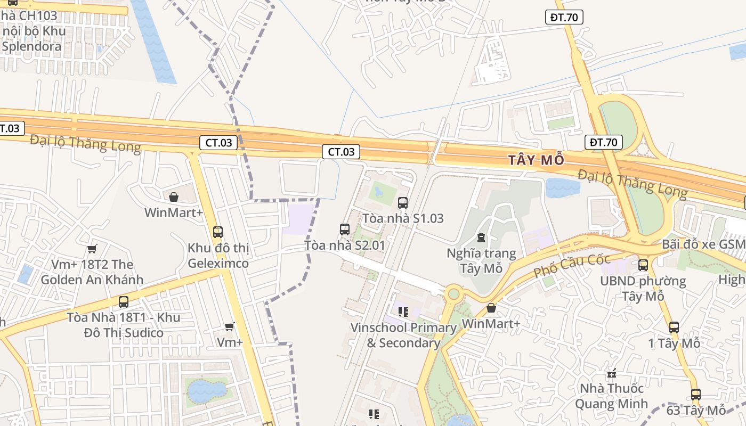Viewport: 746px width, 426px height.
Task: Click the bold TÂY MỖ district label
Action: click(x=536, y=160)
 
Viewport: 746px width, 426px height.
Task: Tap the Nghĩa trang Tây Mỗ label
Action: click(x=481, y=260)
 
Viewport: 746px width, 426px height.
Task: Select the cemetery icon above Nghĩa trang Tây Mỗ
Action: click(x=481, y=237)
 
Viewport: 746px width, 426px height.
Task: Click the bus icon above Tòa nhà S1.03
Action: click(x=403, y=202)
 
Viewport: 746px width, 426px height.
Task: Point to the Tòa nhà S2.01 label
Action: click(x=344, y=245)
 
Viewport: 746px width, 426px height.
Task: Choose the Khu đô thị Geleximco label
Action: click(x=218, y=256)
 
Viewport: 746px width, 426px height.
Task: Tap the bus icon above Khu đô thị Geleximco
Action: click(x=217, y=232)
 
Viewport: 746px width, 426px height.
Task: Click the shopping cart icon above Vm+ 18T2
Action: click(x=92, y=249)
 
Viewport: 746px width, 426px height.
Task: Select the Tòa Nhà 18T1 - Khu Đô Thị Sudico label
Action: click(x=124, y=325)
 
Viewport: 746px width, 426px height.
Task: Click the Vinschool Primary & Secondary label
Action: click(x=403, y=335)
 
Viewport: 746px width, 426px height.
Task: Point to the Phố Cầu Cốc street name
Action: click(x=572, y=265)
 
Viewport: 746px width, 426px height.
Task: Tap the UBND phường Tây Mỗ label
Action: click(x=643, y=288)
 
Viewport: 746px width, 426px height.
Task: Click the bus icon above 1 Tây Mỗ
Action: click(x=674, y=327)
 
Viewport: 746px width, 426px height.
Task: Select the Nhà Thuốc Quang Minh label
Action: click(x=611, y=396)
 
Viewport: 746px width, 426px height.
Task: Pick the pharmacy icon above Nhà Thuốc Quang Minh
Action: click(x=611, y=373)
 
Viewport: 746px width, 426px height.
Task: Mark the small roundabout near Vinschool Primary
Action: click(x=453, y=293)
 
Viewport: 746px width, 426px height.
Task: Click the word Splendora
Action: click(x=31, y=46)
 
